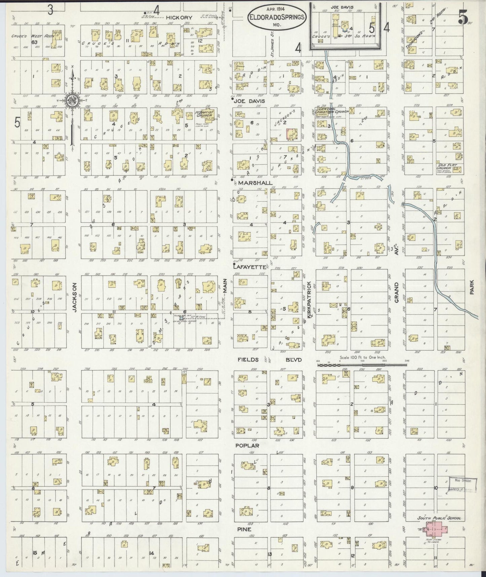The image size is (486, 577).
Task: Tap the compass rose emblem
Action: point(71,100)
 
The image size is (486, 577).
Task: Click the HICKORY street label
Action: point(179,18)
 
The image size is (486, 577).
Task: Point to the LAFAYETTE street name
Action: point(250,267)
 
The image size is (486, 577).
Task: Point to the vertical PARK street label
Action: point(472,288)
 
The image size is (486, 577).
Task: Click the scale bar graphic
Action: point(363,364)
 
